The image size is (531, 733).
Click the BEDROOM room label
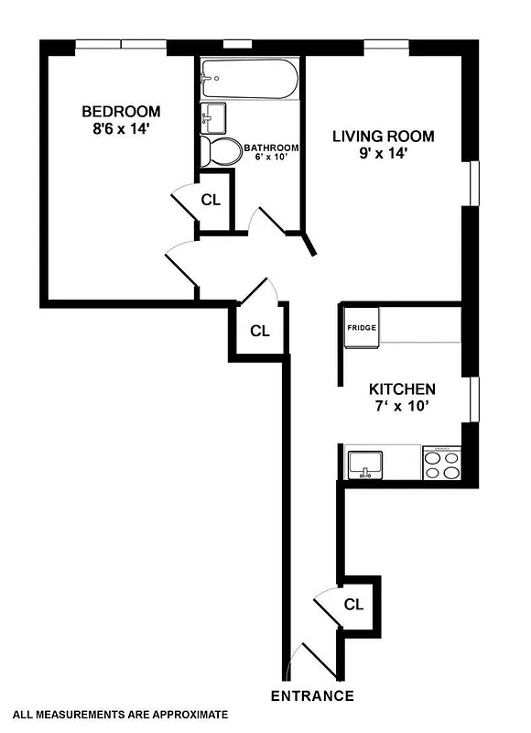coord(121,112)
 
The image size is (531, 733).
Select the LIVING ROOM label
coord(383,137)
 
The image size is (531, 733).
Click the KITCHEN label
coord(402,388)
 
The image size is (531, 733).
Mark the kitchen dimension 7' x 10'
coord(401,407)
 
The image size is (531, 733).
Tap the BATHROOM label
coord(272,148)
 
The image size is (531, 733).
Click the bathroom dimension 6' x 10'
coord(272,157)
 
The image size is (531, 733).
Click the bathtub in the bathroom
coord(248,81)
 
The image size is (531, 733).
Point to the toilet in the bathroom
coord(221,152)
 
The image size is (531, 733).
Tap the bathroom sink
coord(215,116)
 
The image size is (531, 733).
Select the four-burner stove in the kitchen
coord(443,463)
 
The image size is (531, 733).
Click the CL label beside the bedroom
coord(211,200)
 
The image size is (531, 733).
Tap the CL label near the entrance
coord(354,605)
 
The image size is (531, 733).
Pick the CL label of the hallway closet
coord(260,331)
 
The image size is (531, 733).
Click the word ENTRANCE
coord(312,695)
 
